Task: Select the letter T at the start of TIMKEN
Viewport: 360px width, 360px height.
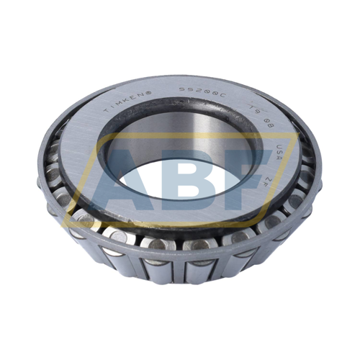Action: tap(106, 112)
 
